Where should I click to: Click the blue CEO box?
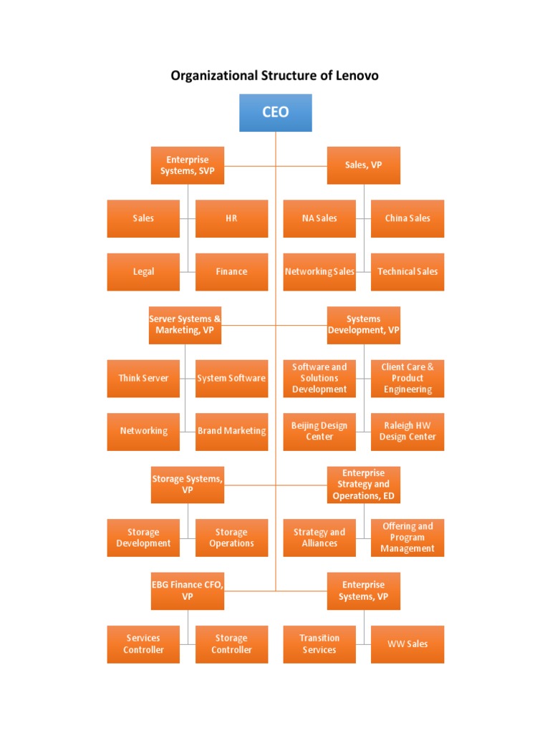point(276,113)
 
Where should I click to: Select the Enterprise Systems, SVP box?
point(188,165)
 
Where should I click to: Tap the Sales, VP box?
point(364,165)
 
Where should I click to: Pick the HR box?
point(231,218)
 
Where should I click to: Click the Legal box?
point(143,271)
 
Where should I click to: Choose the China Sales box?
point(407,218)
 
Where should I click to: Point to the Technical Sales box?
point(407,271)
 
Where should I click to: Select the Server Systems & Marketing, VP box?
point(185,325)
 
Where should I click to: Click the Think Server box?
point(143,378)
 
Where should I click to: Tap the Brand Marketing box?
point(231,431)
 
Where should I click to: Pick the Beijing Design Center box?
point(319,431)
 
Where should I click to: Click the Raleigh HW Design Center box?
point(407,431)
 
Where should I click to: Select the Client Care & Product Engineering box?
point(407,378)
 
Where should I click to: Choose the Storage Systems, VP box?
point(188,485)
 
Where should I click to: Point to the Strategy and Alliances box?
point(319,538)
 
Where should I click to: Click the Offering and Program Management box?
point(407,538)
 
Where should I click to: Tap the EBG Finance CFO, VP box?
point(188,591)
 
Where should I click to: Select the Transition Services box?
point(319,644)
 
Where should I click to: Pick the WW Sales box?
point(407,644)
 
